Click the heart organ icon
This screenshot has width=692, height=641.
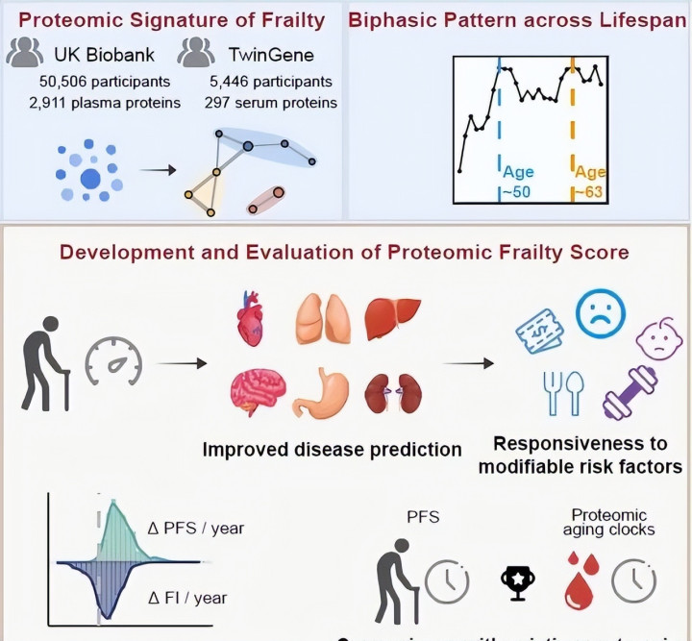[257, 316]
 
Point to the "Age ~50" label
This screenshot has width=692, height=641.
[517, 183]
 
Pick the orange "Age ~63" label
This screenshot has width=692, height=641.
[589, 183]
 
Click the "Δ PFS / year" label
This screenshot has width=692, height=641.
[203, 528]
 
